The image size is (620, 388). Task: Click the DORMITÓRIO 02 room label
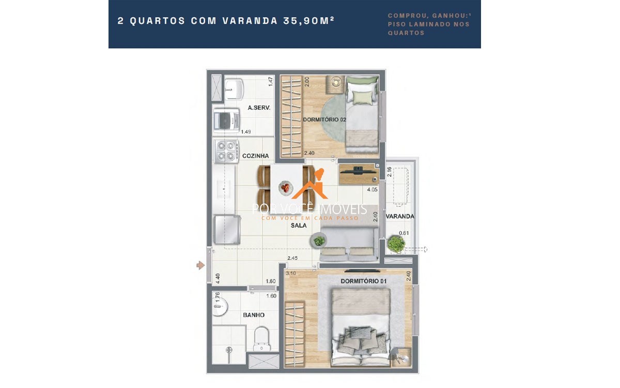324,120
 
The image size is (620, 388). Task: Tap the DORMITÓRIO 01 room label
364,281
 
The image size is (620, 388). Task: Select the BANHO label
254,315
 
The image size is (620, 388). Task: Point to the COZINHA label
255,156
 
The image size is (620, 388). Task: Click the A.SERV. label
259,108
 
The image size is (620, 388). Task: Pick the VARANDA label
400,216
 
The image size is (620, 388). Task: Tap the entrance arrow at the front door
200,265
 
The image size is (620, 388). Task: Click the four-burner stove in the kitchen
226,151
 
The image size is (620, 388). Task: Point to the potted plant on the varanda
396,243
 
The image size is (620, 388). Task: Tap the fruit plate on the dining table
285,187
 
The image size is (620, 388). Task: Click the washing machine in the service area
226,121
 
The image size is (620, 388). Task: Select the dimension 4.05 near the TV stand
371,190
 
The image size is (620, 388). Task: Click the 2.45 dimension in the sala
293,257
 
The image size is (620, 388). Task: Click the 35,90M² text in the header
308,21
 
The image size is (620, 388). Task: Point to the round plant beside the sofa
319,240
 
